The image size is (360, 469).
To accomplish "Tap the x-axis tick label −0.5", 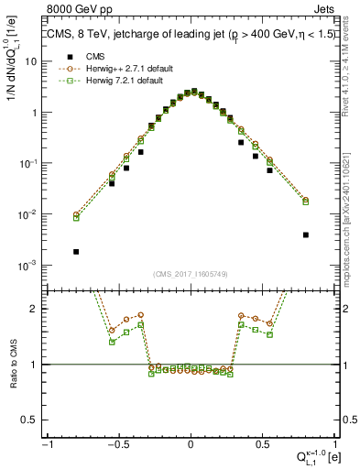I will (117, 444).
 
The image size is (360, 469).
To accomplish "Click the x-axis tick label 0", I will (191, 444).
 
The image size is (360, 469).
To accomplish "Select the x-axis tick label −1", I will (46, 444).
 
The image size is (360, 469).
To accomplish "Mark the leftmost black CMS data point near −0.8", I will (76, 252).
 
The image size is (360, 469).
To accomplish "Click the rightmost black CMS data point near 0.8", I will (306, 234).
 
